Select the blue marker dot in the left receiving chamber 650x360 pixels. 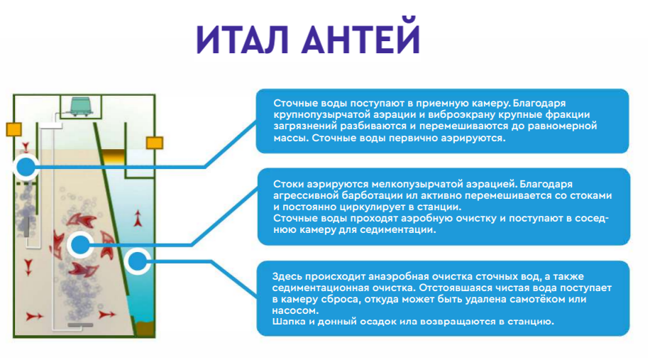(26, 168)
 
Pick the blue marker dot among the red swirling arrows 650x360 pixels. (80, 245)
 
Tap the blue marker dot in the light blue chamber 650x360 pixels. (137, 263)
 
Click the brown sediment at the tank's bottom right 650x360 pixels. (145, 327)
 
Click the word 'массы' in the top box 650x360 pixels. (289, 138)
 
